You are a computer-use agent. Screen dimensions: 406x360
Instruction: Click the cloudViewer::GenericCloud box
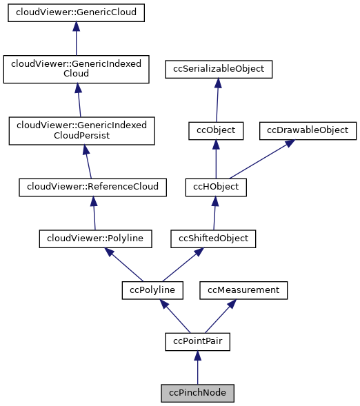tap(77, 13)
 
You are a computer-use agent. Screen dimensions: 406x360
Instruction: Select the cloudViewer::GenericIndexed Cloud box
tap(77, 68)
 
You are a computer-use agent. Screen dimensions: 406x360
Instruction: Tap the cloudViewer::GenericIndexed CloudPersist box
tap(82, 130)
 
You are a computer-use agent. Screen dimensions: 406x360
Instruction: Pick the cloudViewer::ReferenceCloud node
tap(92, 186)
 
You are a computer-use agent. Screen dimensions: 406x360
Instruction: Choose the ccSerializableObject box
tap(219, 69)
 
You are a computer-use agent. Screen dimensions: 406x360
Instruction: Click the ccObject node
tap(216, 130)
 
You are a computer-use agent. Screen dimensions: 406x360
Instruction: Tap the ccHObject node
tap(216, 186)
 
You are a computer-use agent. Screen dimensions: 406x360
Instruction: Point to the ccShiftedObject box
tap(214, 238)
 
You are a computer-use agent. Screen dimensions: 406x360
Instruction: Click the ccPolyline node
tap(152, 290)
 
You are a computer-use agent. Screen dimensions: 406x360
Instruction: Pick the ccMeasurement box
tap(243, 290)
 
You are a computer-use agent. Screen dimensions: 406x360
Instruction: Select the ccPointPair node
tap(197, 341)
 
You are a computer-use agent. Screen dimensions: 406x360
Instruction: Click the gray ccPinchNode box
tap(197, 393)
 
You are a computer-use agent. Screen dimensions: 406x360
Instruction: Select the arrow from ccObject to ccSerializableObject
tap(217, 99)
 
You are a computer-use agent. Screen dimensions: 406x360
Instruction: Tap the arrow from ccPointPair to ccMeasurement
tap(221, 315)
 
